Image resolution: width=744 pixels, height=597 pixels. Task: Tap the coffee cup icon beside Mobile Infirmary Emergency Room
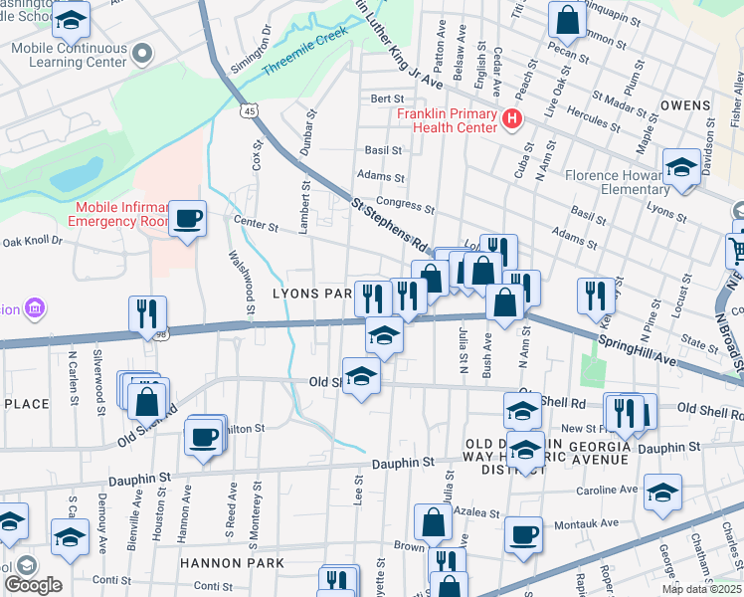[x=187, y=218]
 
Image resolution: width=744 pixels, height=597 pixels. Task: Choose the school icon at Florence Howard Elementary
[x=681, y=166]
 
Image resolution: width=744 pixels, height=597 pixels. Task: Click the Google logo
[x=33, y=585]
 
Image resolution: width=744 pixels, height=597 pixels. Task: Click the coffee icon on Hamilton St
[x=204, y=437]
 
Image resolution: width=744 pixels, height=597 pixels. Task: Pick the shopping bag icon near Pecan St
[x=566, y=17]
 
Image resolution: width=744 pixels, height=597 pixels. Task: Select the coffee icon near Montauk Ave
[x=523, y=534]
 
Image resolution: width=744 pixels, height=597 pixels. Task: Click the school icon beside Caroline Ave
[x=662, y=493]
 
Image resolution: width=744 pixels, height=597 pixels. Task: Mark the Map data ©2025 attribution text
[x=701, y=589]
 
